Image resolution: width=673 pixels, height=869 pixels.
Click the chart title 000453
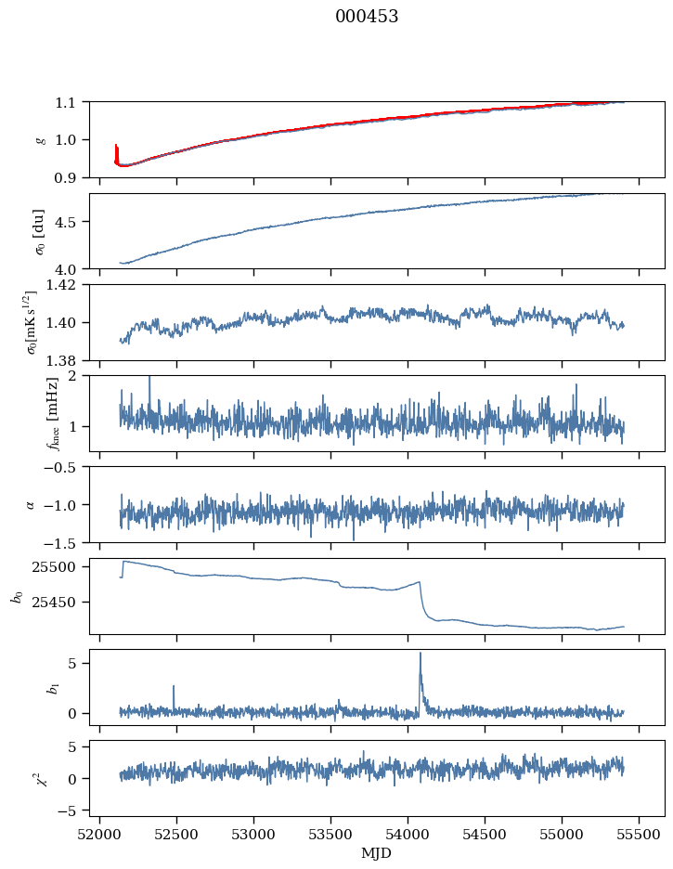(x=367, y=17)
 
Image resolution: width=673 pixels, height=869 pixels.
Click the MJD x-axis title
(x=377, y=853)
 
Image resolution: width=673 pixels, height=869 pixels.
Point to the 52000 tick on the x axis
(x=99, y=834)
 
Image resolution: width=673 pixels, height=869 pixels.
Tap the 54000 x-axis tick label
(x=408, y=834)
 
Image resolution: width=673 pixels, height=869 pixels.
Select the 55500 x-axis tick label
(x=640, y=834)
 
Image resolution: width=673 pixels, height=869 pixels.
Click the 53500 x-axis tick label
(x=331, y=834)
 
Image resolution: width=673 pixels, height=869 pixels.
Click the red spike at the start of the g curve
(x=116, y=151)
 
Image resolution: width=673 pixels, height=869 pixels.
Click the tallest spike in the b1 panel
(x=421, y=655)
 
